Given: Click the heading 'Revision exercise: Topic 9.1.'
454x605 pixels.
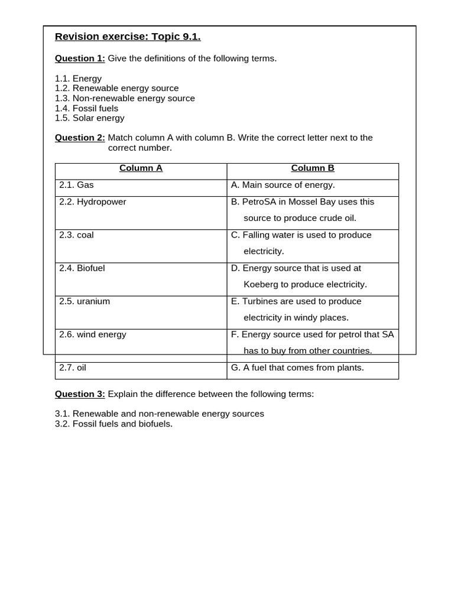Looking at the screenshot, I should [x=128, y=37].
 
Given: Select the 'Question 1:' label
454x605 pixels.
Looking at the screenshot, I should [x=80, y=58].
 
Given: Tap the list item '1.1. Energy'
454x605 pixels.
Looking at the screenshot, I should [x=78, y=79].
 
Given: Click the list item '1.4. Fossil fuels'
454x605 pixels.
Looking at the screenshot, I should [x=86, y=108].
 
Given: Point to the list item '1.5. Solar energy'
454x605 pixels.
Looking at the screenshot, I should [x=89, y=118].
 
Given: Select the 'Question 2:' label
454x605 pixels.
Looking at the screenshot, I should [x=80, y=138].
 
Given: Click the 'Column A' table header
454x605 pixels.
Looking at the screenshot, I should [x=141, y=168].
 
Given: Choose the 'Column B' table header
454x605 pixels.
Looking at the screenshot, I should [x=313, y=168].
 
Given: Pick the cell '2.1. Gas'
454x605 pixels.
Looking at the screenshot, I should [x=76, y=186].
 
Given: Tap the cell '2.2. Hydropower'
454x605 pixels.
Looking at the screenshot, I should [x=93, y=202].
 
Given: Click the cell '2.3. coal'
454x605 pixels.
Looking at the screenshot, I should [x=76, y=235].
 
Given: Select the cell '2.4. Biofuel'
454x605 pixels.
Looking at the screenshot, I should [x=82, y=268].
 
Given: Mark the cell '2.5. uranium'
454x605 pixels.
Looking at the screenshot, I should [x=85, y=301].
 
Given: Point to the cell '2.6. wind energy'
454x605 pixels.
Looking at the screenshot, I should [x=93, y=334].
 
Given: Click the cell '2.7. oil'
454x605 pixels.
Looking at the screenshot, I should [x=73, y=367].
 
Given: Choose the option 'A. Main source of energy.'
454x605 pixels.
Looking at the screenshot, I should [x=283, y=186].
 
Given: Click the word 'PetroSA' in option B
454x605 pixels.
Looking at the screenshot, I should [x=260, y=202].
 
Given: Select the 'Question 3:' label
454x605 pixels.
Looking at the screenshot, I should [x=80, y=394].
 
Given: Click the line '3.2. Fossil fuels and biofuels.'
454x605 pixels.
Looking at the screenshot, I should [x=113, y=424].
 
